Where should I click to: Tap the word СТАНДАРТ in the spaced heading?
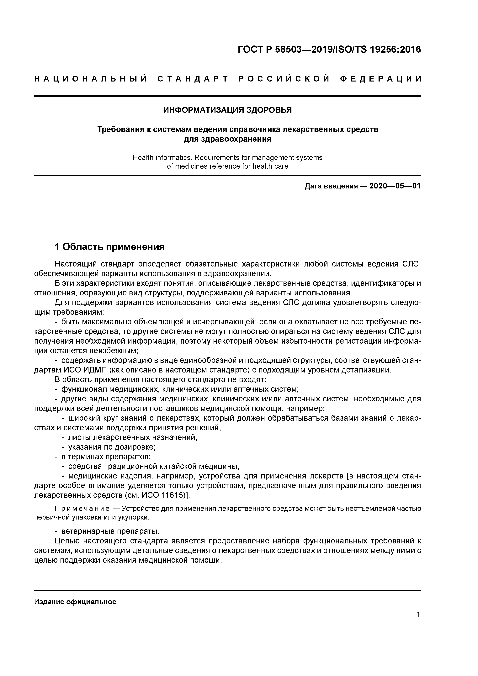click(x=193, y=79)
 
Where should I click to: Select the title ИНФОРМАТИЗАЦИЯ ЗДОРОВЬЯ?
click(x=227, y=110)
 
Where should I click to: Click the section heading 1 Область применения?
click(x=109, y=247)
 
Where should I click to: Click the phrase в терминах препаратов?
click(x=106, y=457)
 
